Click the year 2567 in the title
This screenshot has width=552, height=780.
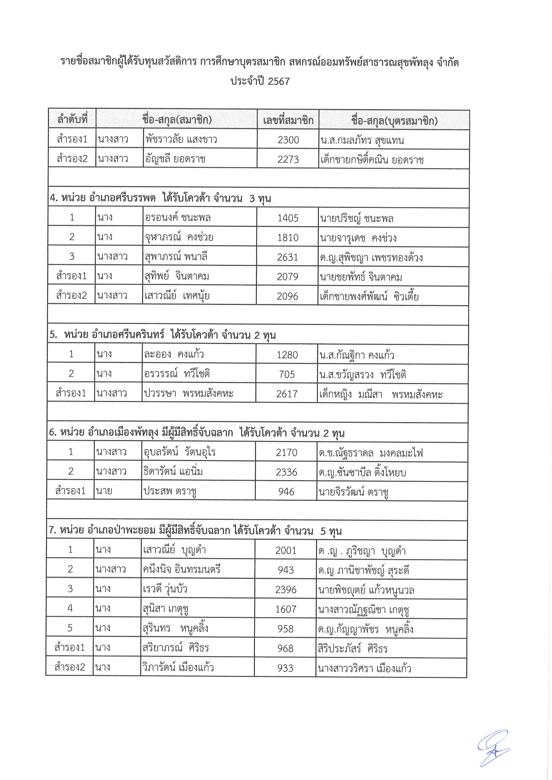(x=279, y=81)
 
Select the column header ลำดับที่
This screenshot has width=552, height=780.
(x=72, y=119)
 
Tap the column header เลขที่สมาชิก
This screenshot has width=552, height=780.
(x=288, y=120)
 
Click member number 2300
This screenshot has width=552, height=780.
(x=288, y=140)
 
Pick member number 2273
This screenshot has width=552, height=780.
(x=288, y=159)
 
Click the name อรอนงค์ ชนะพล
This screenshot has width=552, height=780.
(x=178, y=218)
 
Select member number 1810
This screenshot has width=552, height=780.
(x=288, y=238)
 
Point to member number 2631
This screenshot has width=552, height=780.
(x=288, y=257)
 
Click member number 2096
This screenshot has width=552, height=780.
(x=288, y=296)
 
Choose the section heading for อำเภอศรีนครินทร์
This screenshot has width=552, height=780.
(x=163, y=335)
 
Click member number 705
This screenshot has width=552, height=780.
(x=287, y=374)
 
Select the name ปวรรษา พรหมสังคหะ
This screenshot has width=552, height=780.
(x=188, y=393)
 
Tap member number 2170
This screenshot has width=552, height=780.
(x=287, y=452)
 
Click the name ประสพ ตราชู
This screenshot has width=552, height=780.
(x=169, y=491)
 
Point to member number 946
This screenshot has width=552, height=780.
(x=286, y=491)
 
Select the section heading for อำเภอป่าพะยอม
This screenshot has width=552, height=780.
(x=195, y=531)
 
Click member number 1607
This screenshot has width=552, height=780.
(x=286, y=609)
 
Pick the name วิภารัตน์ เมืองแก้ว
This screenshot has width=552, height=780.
(x=178, y=668)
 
